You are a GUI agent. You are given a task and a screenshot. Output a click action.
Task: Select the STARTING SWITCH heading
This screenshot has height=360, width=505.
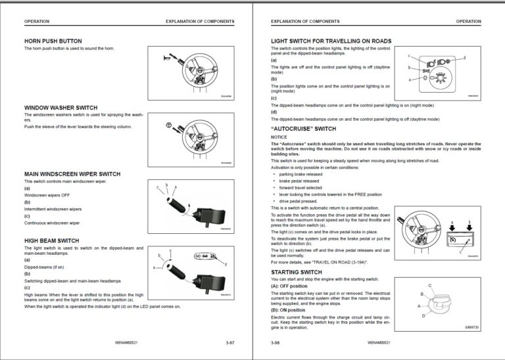(x=297, y=271)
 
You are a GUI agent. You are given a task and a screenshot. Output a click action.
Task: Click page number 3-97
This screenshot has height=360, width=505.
(x=229, y=342)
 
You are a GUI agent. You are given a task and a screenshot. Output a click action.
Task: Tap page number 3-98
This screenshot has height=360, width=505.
(x=276, y=342)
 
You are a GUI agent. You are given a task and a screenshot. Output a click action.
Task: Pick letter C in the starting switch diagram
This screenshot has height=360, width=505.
(x=429, y=285)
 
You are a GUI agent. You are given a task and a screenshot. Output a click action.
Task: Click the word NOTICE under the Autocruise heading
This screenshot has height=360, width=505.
(x=279, y=137)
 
